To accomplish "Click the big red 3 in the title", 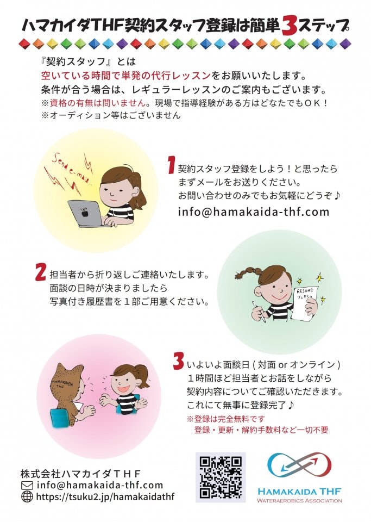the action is coord(288,27).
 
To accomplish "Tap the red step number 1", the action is coord(171,166).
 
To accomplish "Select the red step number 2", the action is coord(41,272).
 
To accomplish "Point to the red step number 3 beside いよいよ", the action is coord(179,361).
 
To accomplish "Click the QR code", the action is coord(221,477).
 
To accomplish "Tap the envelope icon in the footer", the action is coord(27,486).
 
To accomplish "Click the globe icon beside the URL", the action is coord(27,496).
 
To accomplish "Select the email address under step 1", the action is coord(253,212).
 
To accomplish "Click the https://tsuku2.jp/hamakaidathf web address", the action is coord(105,497).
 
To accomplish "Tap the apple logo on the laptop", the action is coord(84,212).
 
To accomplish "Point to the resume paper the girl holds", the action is coord(304,302).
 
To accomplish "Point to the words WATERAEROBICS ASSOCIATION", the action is coord(299,500).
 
